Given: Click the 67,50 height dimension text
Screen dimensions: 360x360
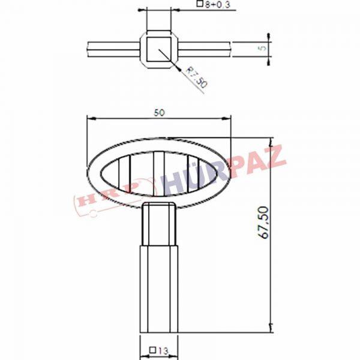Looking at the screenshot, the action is [263, 223].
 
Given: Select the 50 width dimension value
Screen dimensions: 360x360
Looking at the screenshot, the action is [160, 113].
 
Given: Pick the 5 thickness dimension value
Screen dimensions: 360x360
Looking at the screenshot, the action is [263, 48].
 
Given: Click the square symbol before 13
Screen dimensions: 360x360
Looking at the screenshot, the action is [152, 350].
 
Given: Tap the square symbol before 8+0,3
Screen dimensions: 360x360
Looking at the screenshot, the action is [200, 4].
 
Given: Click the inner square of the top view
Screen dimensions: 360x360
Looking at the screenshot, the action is [159, 49].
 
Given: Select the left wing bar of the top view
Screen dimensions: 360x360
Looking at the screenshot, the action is [113, 49].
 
